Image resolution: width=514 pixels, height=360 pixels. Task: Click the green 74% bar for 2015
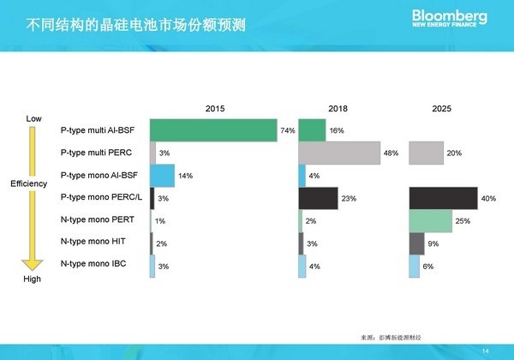[212, 130]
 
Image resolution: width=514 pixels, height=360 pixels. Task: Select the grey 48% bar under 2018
[338, 153]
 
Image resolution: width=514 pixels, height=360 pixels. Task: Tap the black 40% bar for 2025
[443, 198]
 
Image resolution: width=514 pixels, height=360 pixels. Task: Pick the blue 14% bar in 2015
[162, 176]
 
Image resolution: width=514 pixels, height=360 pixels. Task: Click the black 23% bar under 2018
[318, 198]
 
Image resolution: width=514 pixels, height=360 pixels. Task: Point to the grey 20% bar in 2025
[426, 153]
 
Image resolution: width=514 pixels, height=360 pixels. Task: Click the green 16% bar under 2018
[312, 130]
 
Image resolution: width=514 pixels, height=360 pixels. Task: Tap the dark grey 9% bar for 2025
[416, 243]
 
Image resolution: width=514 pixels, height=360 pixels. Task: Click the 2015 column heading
[215, 109]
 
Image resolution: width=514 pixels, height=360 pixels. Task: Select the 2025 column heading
[442, 109]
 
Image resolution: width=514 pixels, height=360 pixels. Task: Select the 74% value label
[288, 131]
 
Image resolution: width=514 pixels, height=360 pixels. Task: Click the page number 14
[486, 350]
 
